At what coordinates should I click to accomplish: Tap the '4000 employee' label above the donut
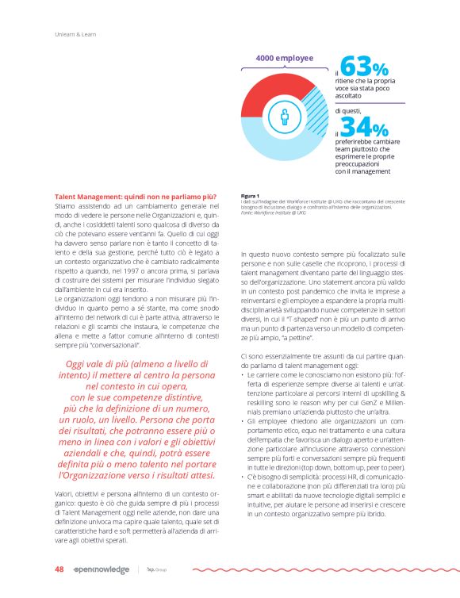click(x=284, y=58)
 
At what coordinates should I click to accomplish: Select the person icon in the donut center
click(x=286, y=120)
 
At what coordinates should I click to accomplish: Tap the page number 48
click(x=59, y=569)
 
